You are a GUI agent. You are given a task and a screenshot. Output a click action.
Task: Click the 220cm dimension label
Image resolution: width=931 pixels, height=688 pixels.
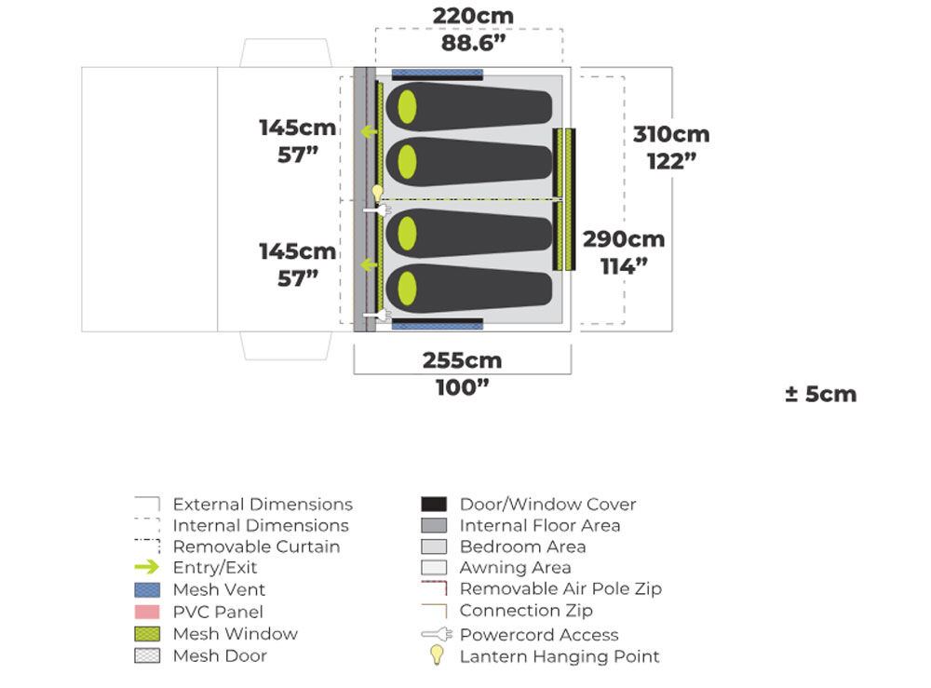coord(473,16)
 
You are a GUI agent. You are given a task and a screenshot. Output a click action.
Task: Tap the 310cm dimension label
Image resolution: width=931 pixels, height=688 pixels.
coord(671,134)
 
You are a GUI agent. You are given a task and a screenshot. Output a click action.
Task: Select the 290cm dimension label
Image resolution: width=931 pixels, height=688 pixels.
coord(624,239)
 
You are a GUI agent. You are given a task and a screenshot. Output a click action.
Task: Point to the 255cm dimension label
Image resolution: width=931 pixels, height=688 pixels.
coord(462,360)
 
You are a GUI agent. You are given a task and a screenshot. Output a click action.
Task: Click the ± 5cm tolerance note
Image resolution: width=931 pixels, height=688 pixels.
coord(820,394)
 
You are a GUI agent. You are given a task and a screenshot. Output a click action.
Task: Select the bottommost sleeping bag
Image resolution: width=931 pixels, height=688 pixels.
coord(470,290)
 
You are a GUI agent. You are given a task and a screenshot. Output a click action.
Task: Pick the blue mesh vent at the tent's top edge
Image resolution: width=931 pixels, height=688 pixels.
coord(438,74)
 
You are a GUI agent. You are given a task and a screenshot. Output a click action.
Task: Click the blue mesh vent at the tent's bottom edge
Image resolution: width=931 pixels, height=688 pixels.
coord(438,325)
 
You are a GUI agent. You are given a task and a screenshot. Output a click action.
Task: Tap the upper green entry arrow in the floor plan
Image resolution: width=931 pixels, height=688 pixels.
coord(370,131)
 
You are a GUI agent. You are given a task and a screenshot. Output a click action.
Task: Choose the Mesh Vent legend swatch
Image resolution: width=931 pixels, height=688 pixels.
coord(148,589)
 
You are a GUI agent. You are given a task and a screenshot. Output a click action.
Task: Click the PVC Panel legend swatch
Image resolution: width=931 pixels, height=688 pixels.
coord(148,612)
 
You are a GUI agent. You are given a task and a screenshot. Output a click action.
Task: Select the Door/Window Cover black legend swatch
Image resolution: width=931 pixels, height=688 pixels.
coord(434,505)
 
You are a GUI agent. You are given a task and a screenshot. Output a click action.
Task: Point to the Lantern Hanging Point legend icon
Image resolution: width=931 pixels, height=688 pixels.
coord(435,656)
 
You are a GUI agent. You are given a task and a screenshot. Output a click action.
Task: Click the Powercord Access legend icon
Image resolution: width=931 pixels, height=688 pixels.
coord(435,635)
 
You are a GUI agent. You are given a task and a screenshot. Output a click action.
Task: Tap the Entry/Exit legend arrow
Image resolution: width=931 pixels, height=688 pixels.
coord(148,568)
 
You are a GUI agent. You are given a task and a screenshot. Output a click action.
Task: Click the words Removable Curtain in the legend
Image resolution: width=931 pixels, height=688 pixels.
coord(256,546)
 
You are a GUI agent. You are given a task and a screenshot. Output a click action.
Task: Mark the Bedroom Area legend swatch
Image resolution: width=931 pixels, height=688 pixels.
coord(434,546)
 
